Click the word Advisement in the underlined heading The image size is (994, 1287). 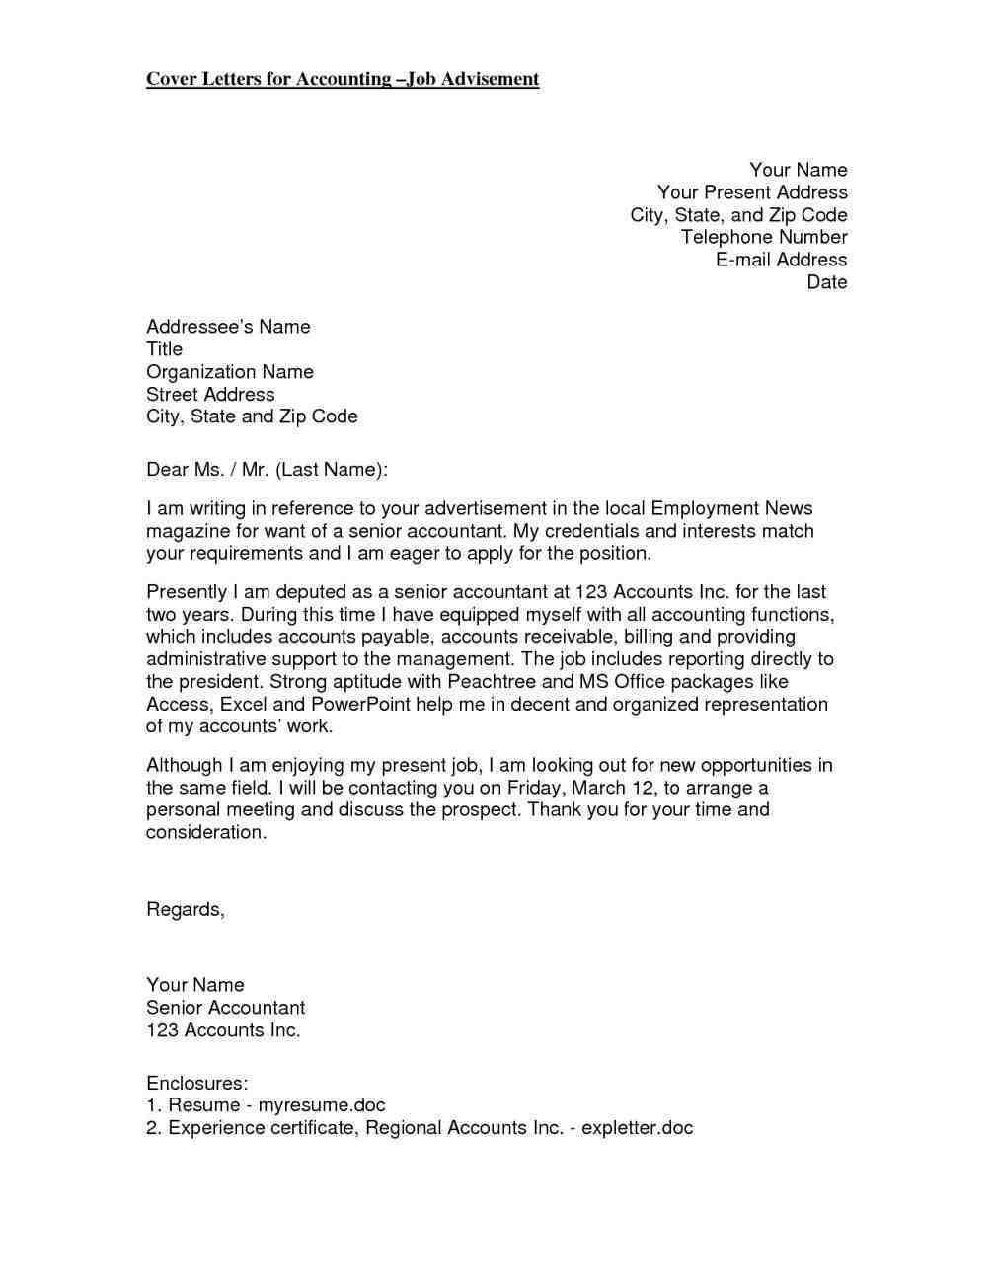[490, 79]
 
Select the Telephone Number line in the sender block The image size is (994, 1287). [764, 237]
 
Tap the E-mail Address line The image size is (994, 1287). [781, 260]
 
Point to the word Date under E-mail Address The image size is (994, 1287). [827, 282]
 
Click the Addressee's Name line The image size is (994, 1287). [228, 327]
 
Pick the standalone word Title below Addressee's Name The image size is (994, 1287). [164, 349]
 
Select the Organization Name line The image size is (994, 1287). [230, 372]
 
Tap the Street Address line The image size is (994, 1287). [210, 395]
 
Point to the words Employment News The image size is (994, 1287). [731, 509]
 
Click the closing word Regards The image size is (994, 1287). [185, 909]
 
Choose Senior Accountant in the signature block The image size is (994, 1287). [225, 1008]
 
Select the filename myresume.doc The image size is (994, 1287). [322, 1105]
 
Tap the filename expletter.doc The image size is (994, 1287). [637, 1128]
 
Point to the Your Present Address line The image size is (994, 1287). [752, 192]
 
